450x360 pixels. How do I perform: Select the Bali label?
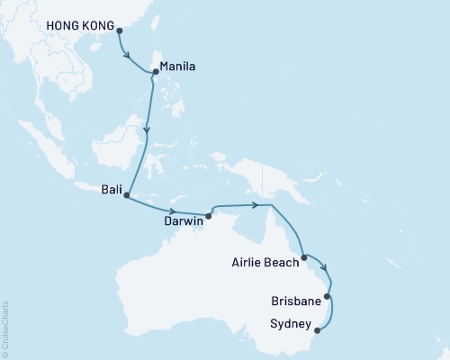[x=105, y=189]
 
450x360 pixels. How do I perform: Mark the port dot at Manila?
[x=156, y=72]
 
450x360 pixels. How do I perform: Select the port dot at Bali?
[x=126, y=195]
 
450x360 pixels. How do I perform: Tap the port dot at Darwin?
[x=209, y=215]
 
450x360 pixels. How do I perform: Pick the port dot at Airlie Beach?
[x=306, y=257]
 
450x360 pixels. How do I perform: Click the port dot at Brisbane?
[x=328, y=296]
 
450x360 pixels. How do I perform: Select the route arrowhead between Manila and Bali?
[x=146, y=130]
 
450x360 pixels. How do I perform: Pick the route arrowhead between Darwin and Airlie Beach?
[x=265, y=206]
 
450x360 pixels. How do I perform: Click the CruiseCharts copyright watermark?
[x=5, y=328]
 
